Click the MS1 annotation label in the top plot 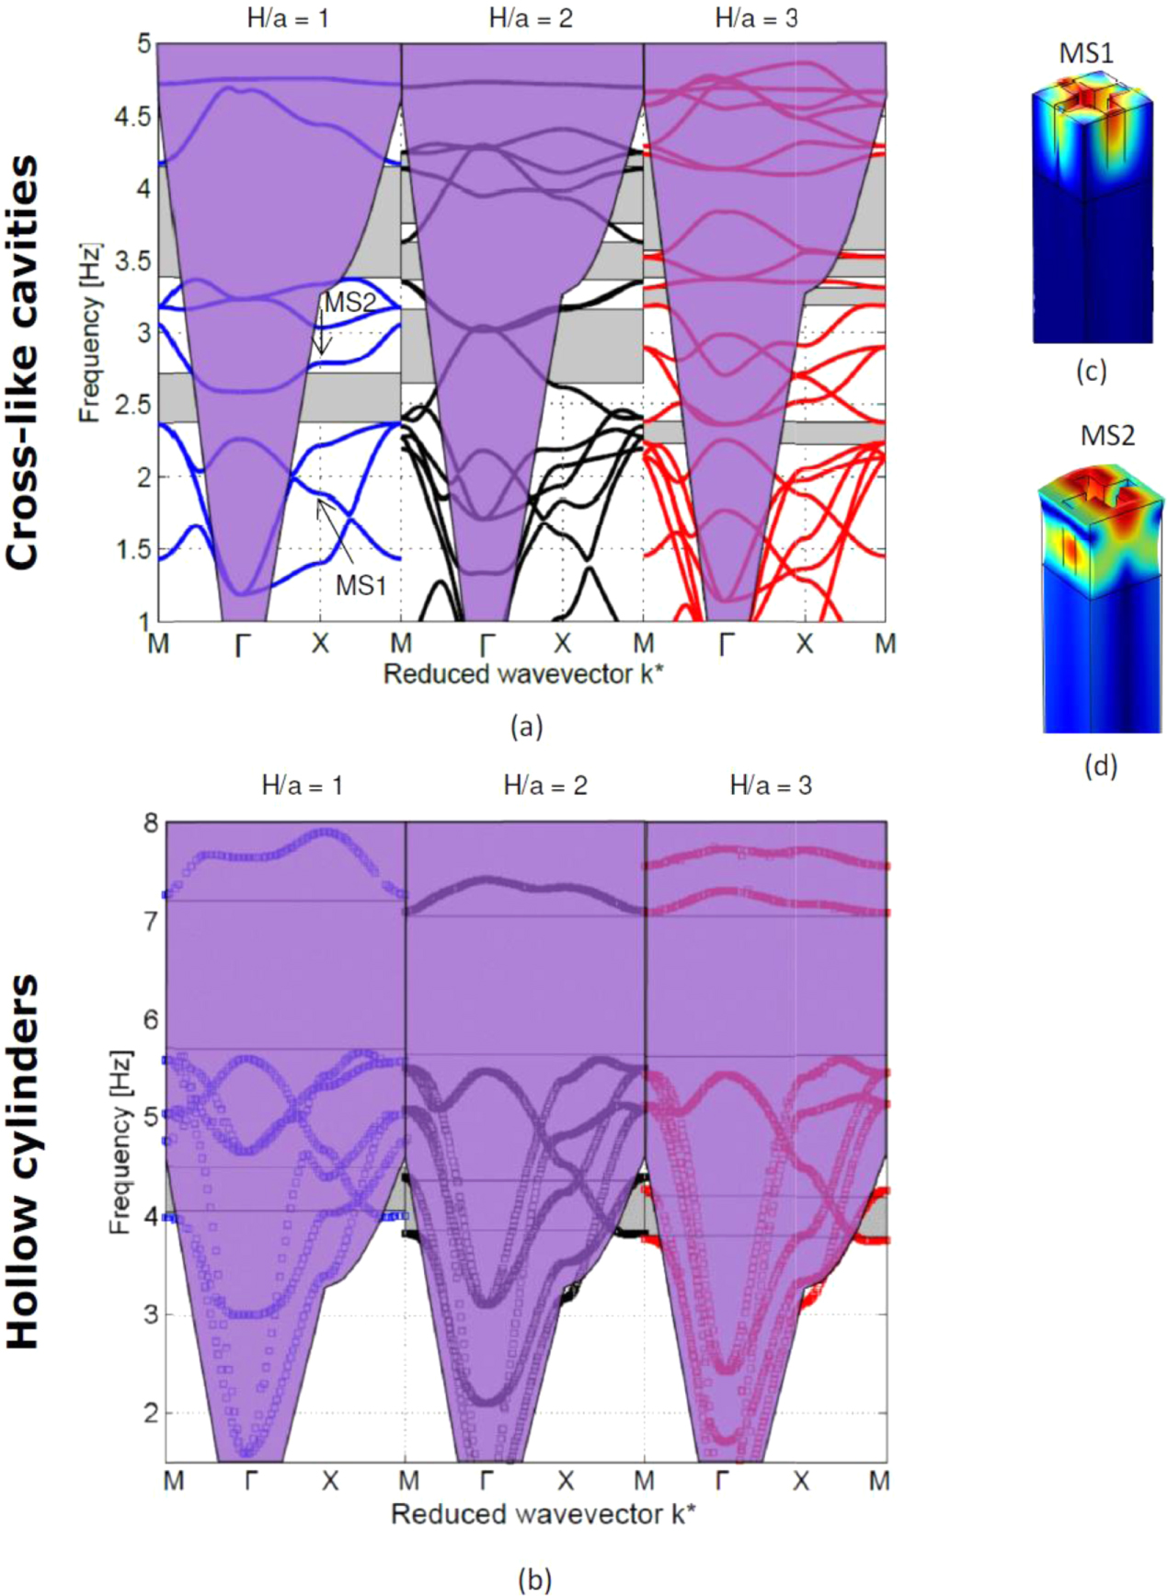(361, 585)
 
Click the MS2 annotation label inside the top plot (349, 303)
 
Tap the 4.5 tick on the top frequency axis (132, 117)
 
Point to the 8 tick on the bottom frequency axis (151, 823)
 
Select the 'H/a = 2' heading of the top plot (531, 18)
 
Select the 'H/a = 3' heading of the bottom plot (771, 786)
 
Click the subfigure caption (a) (526, 727)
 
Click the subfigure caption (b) (534, 1579)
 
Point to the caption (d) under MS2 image (1101, 765)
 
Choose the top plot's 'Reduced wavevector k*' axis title (522, 674)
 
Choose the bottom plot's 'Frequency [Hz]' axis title (120, 1142)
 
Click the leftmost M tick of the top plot (158, 644)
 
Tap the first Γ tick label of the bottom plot (251, 1481)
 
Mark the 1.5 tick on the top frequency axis (132, 550)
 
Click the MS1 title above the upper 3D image (1086, 53)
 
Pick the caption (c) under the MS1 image (1091, 371)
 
